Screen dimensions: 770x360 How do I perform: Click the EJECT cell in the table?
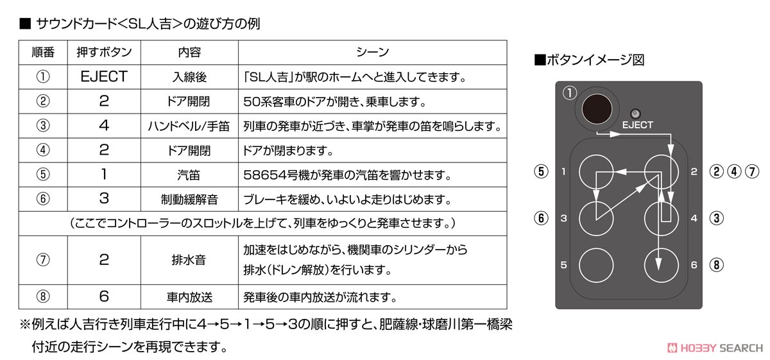click(x=104, y=76)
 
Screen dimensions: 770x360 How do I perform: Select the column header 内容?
click(x=189, y=52)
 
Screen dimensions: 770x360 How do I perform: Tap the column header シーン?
click(x=372, y=52)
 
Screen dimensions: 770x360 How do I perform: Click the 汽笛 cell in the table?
click(x=189, y=175)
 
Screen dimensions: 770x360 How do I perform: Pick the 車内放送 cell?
click(x=189, y=296)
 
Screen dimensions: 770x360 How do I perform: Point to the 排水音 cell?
click(x=189, y=260)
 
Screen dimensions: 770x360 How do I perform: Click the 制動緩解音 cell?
click(x=189, y=200)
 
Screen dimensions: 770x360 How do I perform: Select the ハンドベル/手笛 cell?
click(x=189, y=126)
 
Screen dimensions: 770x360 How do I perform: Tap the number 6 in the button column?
click(x=104, y=296)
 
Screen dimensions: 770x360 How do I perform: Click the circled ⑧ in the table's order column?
click(x=43, y=296)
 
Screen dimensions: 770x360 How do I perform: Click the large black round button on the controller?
click(x=597, y=109)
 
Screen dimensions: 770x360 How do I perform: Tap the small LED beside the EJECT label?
click(x=635, y=114)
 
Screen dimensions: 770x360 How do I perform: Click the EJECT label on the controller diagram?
click(x=637, y=125)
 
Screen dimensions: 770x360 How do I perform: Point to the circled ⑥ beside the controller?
click(x=541, y=218)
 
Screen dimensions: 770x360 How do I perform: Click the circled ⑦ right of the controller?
click(x=752, y=171)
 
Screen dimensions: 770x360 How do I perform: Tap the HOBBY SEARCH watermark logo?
click(x=715, y=348)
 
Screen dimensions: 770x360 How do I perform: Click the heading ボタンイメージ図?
click(x=589, y=60)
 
